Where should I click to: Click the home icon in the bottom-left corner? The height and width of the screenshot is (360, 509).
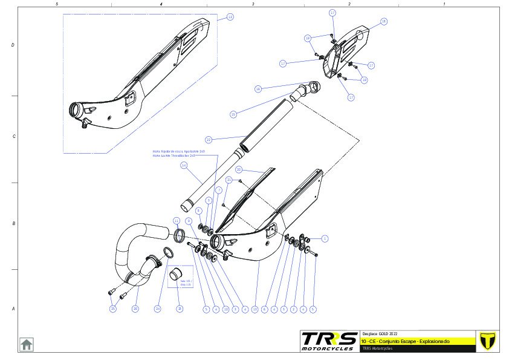[27, 344]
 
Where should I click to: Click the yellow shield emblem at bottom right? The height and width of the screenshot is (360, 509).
[485, 341]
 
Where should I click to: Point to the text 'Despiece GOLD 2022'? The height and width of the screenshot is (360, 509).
[380, 334]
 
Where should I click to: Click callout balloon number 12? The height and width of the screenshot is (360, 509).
[230, 18]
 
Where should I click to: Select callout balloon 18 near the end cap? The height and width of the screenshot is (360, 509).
[383, 21]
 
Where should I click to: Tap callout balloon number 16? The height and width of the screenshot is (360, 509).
[258, 89]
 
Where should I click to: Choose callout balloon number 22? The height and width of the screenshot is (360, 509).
[208, 139]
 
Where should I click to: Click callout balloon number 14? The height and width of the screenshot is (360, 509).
[184, 165]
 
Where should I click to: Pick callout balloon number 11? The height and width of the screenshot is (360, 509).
[177, 220]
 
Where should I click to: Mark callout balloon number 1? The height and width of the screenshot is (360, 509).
[325, 238]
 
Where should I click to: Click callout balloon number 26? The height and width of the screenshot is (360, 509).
[135, 309]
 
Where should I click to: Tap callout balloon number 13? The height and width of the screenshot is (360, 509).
[254, 309]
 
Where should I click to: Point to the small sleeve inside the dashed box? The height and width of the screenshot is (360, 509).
[176, 276]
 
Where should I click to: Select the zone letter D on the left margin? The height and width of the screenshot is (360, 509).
[13, 45]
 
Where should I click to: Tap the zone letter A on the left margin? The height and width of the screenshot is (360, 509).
[13, 309]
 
